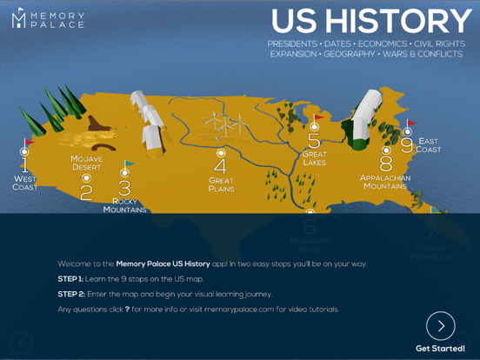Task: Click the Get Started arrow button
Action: tap(441, 326)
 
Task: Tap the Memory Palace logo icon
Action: tap(18, 18)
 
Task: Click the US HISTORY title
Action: tap(371, 21)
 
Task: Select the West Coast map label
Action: tap(24, 183)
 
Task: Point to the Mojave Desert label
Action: tap(86, 163)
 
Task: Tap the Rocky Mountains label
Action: tap(124, 205)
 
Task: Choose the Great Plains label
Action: tap(221, 184)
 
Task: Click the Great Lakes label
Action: tap(314, 158)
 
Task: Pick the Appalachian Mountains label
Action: tap(384, 182)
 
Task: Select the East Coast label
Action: tap(429, 145)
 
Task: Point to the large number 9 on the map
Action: tap(407, 146)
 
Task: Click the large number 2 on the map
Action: tap(86, 192)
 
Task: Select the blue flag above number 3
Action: tap(130, 163)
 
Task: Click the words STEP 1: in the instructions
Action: tap(70, 279)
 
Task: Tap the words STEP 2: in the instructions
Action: tap(70, 294)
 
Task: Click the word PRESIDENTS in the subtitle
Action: tap(292, 43)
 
